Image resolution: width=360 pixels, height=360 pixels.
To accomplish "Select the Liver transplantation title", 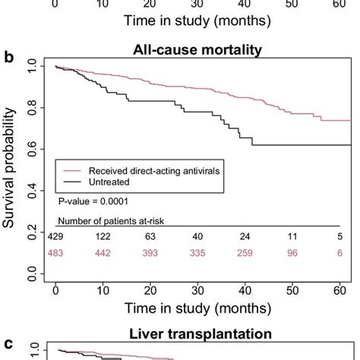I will (x=200, y=333).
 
